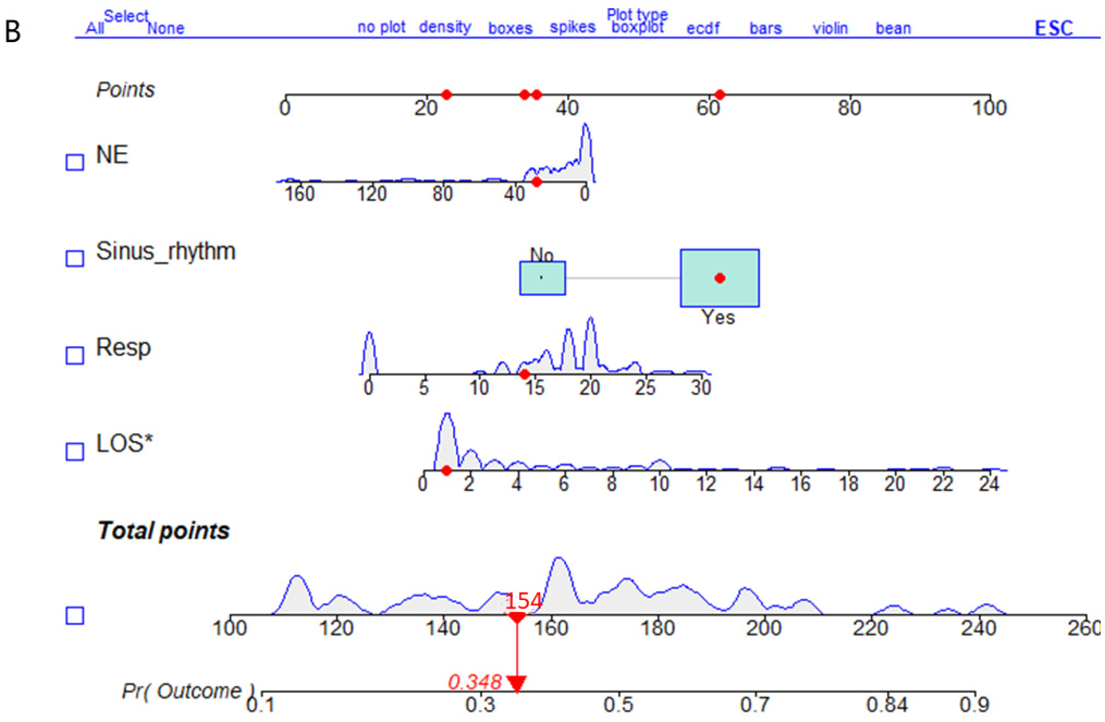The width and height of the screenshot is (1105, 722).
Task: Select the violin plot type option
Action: tap(830, 28)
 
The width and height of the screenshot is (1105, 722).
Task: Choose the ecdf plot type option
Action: tap(702, 28)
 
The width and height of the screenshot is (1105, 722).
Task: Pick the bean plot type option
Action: tap(893, 28)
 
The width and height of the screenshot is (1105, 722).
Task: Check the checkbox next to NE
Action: tap(75, 162)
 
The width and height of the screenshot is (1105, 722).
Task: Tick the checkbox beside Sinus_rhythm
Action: tap(75, 258)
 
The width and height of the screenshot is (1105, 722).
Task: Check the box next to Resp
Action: tap(75, 355)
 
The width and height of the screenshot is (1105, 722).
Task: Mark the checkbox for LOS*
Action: tap(75, 451)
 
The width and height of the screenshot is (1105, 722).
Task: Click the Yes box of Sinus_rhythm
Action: tap(720, 278)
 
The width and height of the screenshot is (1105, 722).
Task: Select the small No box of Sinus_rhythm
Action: tap(542, 278)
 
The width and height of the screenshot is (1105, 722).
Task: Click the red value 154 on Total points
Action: tap(523, 601)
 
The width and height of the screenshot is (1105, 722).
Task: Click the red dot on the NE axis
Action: tap(536, 182)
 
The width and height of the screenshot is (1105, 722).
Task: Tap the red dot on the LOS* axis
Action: tap(446, 471)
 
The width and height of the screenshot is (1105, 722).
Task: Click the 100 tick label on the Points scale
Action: tap(989, 108)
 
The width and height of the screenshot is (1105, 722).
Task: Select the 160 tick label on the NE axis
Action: tap(299, 193)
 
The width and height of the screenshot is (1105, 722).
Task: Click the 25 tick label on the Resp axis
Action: tap(645, 387)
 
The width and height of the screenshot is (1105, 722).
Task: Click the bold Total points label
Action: tap(163, 531)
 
